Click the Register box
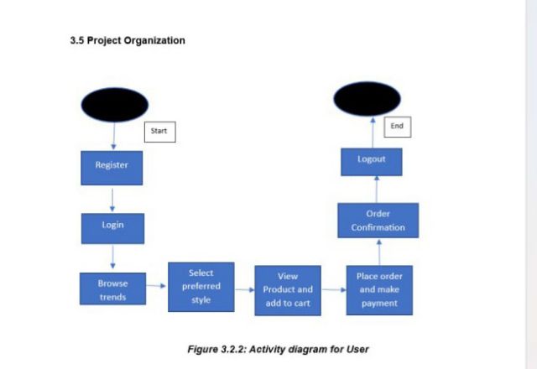112,167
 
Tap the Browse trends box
112,290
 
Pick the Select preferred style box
201,287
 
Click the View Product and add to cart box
288,289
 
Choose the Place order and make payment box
379,289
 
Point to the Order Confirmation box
378,221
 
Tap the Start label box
160,132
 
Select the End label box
397,127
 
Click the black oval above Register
114,105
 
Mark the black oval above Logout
368,98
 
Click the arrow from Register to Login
112,199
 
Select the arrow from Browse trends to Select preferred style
156,286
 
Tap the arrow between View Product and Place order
333,290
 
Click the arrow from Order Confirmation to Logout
376,189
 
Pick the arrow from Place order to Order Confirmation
379,252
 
